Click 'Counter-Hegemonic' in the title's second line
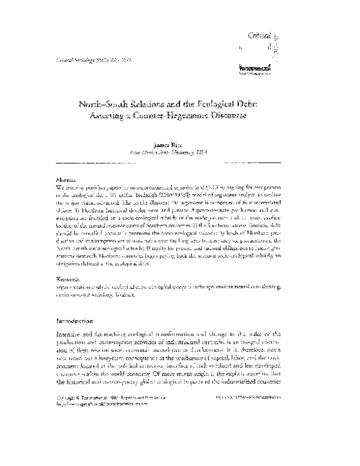tap(179, 117)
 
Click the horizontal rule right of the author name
tap(252, 163)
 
